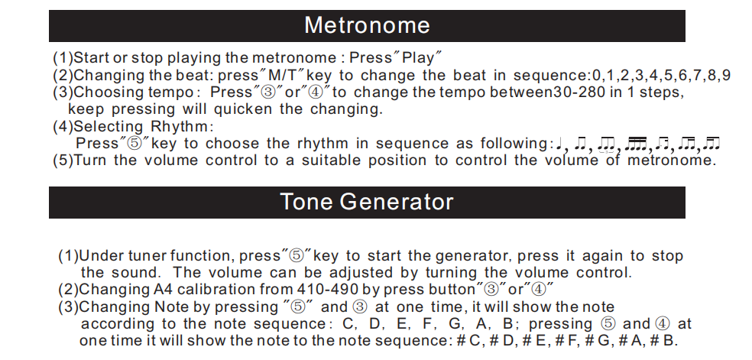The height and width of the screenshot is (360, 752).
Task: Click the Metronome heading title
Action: point(367,25)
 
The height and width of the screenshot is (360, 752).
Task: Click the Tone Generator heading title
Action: point(366,201)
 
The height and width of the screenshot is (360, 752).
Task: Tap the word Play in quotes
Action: point(418,58)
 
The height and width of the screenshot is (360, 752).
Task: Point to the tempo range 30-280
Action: point(579,92)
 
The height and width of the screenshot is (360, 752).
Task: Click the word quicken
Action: point(242,109)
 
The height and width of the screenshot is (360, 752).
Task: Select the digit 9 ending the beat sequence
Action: point(726,75)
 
